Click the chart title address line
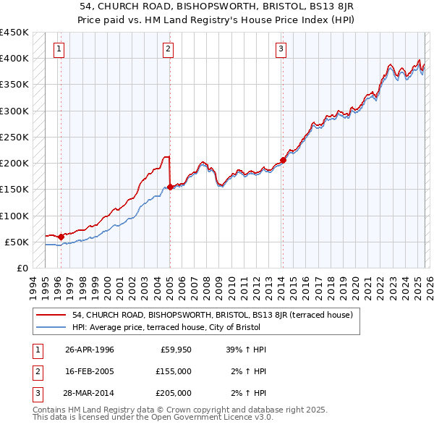[217, 6]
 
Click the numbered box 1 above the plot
[59, 49]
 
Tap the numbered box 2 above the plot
[168, 49]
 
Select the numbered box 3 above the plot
[281, 49]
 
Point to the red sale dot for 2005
[170, 187]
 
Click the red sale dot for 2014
[283, 161]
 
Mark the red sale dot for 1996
[61, 237]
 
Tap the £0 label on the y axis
[21, 268]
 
